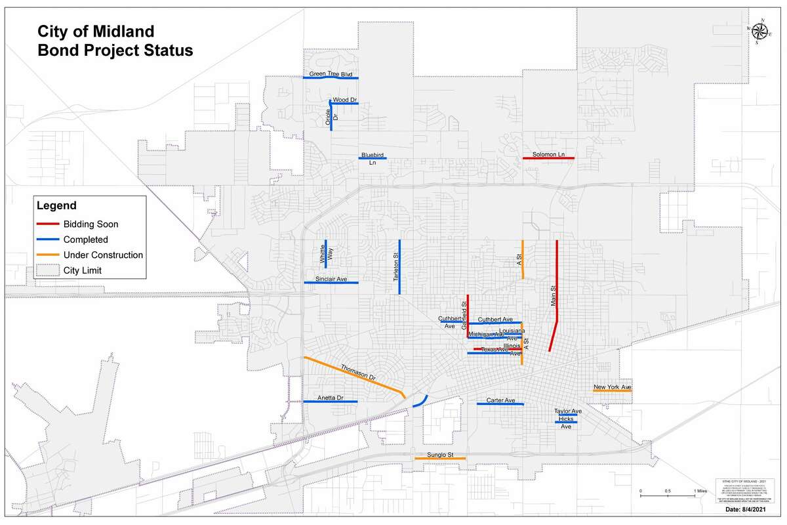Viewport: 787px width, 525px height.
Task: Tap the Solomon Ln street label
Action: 548,154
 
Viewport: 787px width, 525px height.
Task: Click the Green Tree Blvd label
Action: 331,74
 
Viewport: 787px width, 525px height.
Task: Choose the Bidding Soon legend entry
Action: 91,224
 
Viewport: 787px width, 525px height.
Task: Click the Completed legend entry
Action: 85,240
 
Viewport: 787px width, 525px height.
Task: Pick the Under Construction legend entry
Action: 103,255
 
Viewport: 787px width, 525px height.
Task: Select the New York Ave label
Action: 612,387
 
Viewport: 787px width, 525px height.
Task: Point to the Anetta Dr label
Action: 331,398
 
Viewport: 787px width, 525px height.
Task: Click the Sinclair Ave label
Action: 331,279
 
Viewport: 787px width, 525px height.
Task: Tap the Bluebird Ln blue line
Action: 372,158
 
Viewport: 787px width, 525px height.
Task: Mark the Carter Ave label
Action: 500,400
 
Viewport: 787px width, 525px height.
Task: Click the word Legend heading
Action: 56,205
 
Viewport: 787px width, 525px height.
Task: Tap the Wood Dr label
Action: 344,99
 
